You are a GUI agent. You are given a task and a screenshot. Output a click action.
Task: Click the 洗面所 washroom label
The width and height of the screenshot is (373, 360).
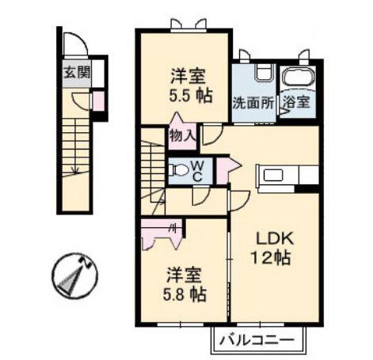[252, 103]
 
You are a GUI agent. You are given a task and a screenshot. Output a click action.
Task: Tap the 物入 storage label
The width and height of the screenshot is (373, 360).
[183, 135]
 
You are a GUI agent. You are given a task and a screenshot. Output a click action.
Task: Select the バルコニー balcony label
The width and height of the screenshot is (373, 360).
[257, 341]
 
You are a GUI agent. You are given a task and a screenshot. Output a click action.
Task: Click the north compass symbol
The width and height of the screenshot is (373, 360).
[74, 275]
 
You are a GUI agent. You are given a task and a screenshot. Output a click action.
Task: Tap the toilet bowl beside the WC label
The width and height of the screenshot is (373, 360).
[180, 170]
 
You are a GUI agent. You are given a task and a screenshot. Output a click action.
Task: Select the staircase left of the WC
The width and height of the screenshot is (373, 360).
[154, 170]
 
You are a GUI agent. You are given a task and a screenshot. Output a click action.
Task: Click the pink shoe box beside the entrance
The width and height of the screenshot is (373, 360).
[98, 101]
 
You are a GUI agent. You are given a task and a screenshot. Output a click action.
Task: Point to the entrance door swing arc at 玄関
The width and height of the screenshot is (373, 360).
[74, 43]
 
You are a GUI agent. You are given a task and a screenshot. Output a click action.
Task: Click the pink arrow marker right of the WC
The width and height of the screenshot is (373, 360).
[226, 167]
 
